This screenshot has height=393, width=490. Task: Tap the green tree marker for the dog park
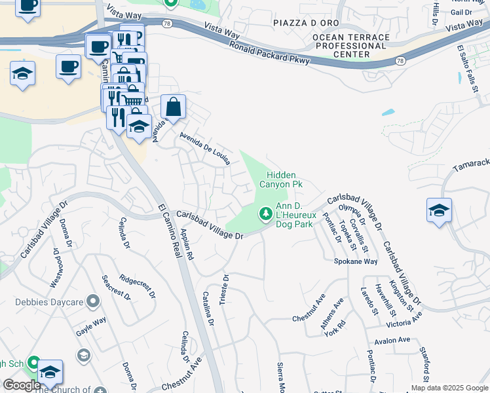pyautogui.click(x=265, y=213)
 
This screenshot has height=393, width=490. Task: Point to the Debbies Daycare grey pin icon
pyautogui.click(x=94, y=301)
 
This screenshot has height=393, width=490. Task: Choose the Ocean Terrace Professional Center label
pyautogui.click(x=350, y=46)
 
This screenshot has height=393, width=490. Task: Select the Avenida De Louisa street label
pyautogui.click(x=205, y=149)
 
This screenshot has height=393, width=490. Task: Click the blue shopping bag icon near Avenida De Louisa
pyautogui.click(x=173, y=107)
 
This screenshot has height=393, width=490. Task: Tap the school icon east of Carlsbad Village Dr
pyautogui.click(x=439, y=210)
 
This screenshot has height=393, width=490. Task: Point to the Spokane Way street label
pyautogui.click(x=356, y=261)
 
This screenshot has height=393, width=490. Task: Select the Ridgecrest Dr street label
pyautogui.click(x=138, y=286)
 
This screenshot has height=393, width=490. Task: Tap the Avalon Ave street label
pyautogui.click(x=392, y=341)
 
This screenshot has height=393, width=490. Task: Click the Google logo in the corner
pyautogui.click(x=22, y=385)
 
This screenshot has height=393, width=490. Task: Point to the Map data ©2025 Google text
pyautogui.click(x=449, y=388)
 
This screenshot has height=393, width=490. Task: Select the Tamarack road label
pyautogui.click(x=472, y=166)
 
